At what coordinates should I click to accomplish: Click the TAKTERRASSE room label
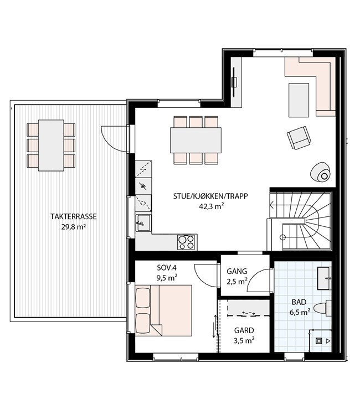(74, 216)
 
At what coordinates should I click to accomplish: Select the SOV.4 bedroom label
(167, 268)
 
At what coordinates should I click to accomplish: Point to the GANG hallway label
(237, 271)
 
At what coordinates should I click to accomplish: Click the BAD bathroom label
(299, 302)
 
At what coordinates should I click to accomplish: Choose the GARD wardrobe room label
(244, 330)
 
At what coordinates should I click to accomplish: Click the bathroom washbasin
(324, 278)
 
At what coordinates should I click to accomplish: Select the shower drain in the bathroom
(318, 341)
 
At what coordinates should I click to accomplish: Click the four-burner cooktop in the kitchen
(186, 242)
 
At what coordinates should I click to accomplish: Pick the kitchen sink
(143, 223)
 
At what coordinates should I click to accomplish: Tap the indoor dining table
(196, 141)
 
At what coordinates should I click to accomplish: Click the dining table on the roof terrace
(51, 146)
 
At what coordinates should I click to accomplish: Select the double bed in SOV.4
(163, 311)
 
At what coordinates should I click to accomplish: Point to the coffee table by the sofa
(299, 100)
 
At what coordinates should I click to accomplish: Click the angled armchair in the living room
(299, 138)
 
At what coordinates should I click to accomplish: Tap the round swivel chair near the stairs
(321, 172)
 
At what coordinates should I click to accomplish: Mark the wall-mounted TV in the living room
(234, 82)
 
